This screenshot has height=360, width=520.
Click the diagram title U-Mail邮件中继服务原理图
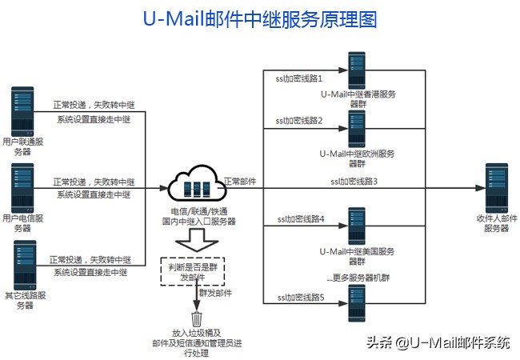(x=259, y=19)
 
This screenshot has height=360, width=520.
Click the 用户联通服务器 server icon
(x=22, y=110)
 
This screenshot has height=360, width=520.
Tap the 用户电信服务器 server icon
(x=22, y=186)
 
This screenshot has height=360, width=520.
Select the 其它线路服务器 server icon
(x=22, y=263)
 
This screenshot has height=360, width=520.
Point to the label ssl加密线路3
(x=354, y=182)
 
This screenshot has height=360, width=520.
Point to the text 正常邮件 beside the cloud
(x=240, y=182)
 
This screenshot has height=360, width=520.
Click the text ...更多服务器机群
(x=357, y=278)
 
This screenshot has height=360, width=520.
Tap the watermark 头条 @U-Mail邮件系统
(x=438, y=342)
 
